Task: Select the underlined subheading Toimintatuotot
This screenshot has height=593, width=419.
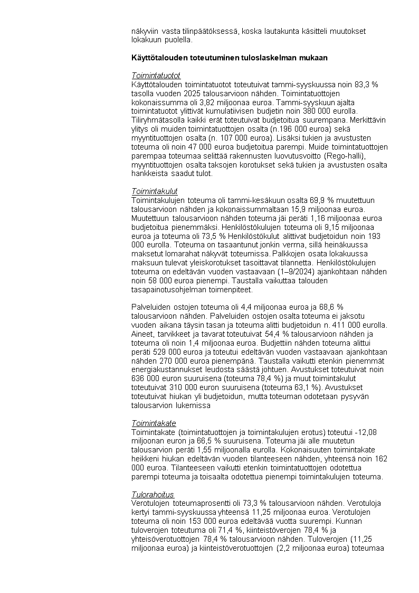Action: [x=156, y=76]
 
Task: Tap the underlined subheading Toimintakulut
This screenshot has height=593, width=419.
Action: [x=154, y=191]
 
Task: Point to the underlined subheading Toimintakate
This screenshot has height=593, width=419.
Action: [x=154, y=423]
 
